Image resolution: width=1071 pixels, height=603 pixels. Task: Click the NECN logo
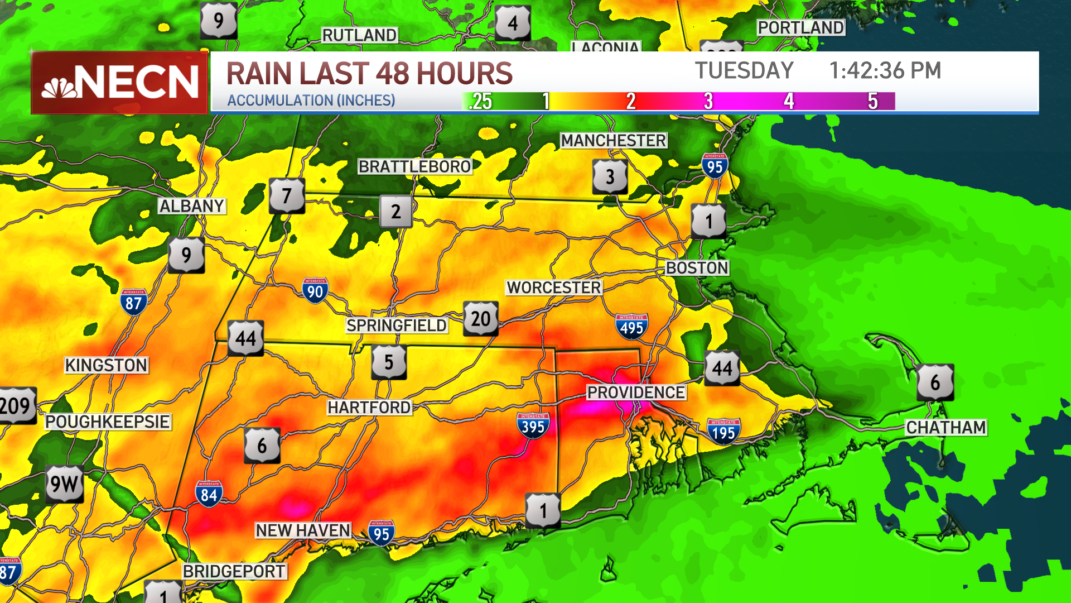point(119,83)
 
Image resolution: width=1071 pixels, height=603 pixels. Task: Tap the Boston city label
point(697,268)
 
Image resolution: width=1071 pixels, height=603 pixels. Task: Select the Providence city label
point(636,393)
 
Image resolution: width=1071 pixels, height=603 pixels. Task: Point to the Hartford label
point(369,408)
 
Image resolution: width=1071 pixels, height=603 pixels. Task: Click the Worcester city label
point(553,288)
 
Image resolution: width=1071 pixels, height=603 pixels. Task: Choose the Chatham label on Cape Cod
point(945,428)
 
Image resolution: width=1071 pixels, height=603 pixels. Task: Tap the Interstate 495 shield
point(631,327)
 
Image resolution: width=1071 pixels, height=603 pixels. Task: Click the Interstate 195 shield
point(723,431)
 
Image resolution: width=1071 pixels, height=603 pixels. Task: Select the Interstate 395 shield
point(533,426)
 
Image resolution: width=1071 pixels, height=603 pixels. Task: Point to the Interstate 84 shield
point(209,494)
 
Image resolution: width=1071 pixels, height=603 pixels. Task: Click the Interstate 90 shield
point(315,290)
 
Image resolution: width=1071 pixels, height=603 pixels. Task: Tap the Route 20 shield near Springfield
point(480,319)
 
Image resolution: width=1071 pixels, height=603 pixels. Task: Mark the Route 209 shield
point(17,406)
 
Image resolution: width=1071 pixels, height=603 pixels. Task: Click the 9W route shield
point(64,484)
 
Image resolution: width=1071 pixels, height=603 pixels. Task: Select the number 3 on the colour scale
point(708,101)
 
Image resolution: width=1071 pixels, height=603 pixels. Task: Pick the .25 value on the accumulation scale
point(480,101)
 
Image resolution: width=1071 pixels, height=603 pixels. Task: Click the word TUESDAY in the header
point(744,71)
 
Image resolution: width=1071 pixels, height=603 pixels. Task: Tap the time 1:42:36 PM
point(885,71)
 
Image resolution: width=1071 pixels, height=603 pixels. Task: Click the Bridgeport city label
point(234,571)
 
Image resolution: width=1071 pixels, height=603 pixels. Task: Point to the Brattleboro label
point(414,166)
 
